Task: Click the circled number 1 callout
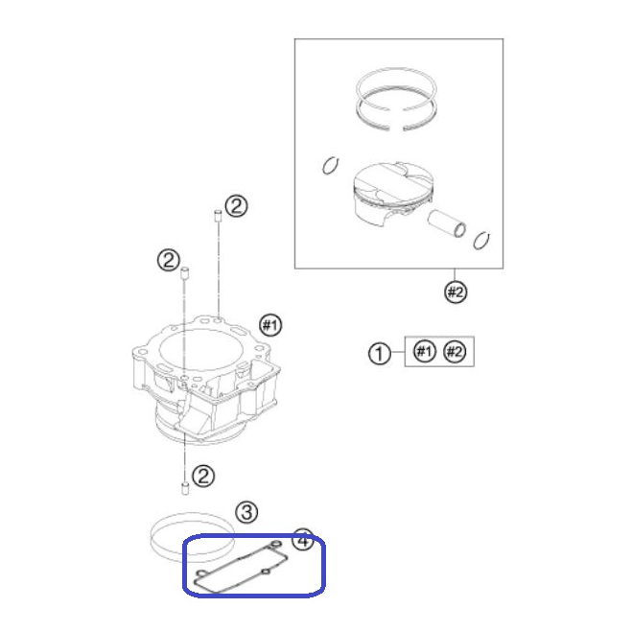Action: (379, 354)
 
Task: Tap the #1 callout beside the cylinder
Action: (270, 325)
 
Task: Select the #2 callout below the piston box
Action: (456, 292)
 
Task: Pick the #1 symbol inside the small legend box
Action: (425, 351)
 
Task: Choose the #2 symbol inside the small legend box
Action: (455, 351)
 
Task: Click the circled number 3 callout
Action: (246, 512)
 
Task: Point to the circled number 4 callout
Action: (303, 539)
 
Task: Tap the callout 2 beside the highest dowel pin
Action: (236, 206)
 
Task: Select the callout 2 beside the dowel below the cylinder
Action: (203, 476)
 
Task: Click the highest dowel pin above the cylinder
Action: (218, 216)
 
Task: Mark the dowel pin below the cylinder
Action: (185, 488)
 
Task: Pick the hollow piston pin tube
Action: (447, 223)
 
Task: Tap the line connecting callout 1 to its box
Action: (398, 353)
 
